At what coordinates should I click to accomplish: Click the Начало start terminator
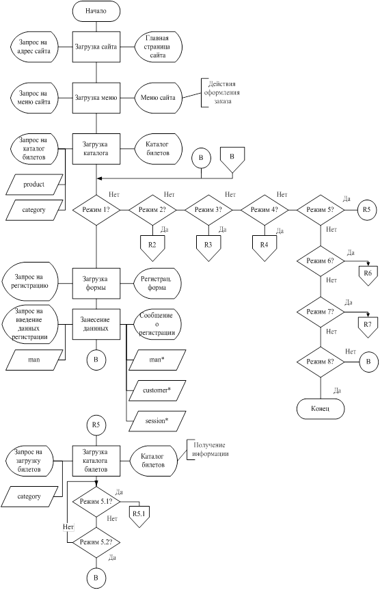[x=96, y=11]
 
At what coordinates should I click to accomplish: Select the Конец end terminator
[x=321, y=409]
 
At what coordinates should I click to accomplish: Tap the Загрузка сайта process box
[x=96, y=47]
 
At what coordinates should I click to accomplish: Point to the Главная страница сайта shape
[x=158, y=47]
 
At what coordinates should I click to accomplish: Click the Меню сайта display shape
[x=158, y=98]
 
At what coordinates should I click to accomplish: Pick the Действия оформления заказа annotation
[x=221, y=92]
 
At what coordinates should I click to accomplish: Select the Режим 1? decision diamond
[x=96, y=210]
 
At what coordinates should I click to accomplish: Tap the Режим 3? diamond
[x=208, y=210]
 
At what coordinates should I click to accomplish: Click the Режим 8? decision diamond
[x=321, y=362]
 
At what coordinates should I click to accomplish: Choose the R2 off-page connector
[x=152, y=247]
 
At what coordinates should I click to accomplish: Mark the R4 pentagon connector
[x=264, y=247]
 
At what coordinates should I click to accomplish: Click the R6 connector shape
[x=368, y=276]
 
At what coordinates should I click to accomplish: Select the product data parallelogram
[x=34, y=185]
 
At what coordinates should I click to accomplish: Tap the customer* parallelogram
[x=157, y=390]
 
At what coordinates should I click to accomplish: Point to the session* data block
[x=157, y=420]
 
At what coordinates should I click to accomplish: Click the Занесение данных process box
[x=96, y=324]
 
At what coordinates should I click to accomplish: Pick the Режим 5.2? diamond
[x=96, y=542]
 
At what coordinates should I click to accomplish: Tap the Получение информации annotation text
[x=211, y=450]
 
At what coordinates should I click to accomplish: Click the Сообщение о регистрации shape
[x=157, y=324]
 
